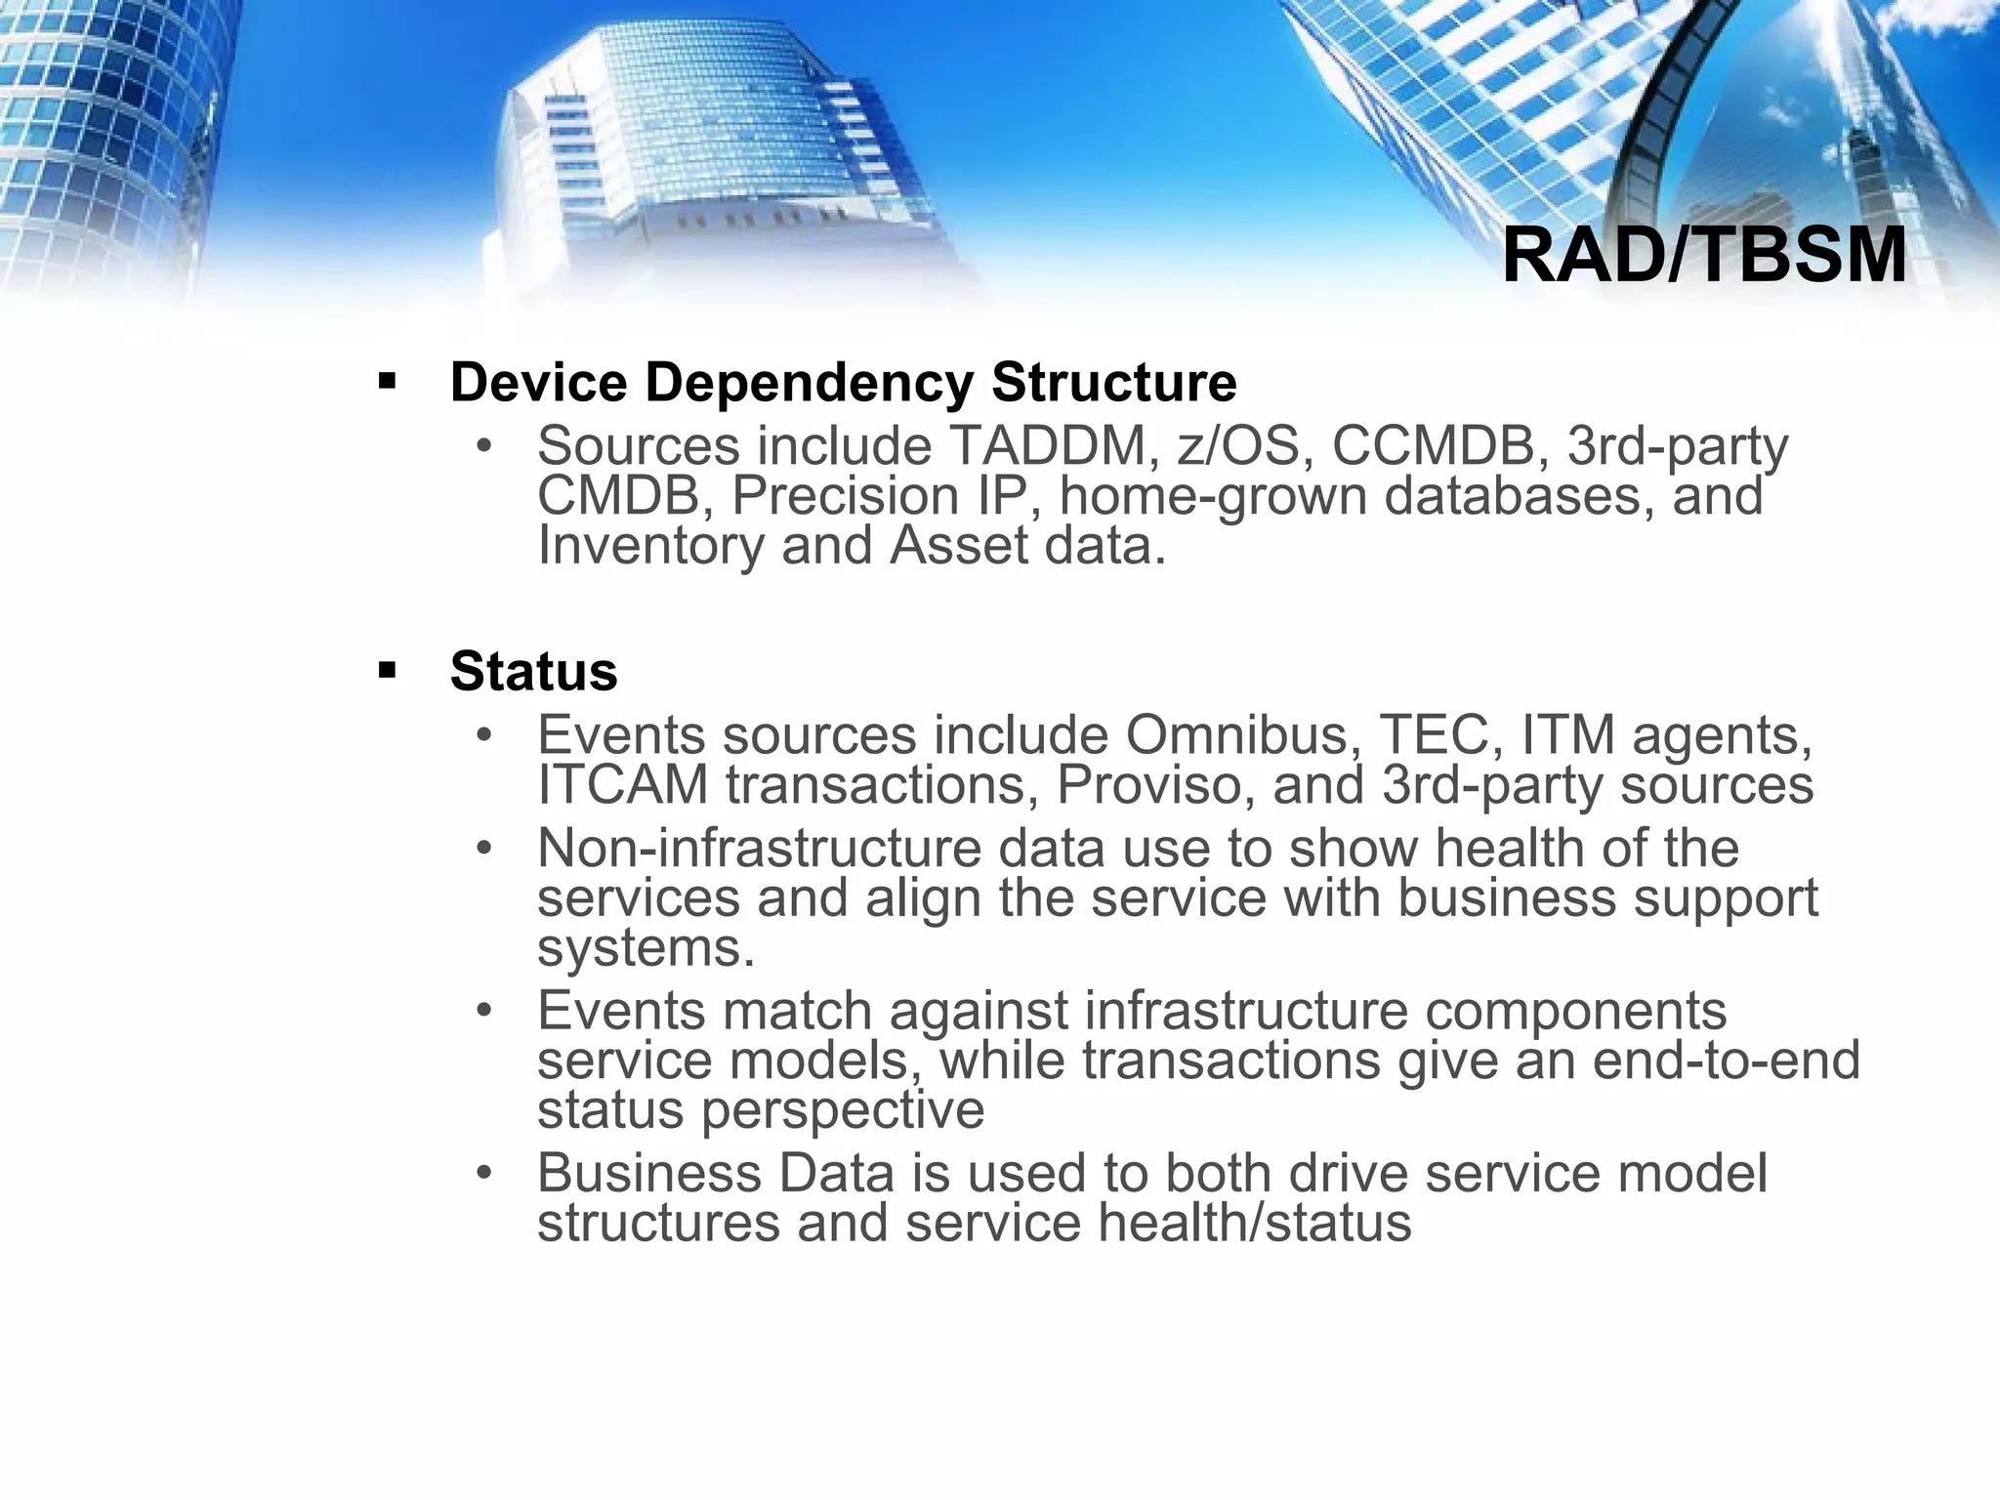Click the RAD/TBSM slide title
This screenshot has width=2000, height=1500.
(1703, 256)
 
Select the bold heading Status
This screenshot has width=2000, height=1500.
(533, 672)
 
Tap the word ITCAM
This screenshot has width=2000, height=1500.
(623, 785)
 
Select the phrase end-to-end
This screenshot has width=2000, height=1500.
(1726, 1061)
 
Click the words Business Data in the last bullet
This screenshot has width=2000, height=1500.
(715, 1173)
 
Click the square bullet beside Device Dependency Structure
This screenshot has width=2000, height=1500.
(387, 381)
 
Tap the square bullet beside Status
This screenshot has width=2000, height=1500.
(387, 671)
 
